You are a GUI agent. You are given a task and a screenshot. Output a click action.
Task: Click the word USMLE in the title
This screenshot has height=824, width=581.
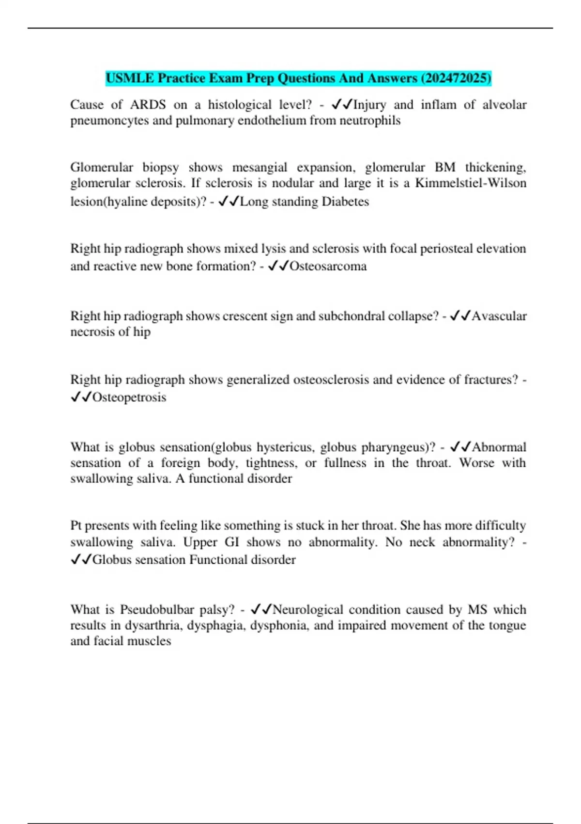[x=129, y=78]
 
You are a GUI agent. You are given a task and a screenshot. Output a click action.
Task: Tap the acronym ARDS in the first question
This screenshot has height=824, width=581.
[x=148, y=105]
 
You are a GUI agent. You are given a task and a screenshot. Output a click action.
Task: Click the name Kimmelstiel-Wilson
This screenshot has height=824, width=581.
[x=471, y=183]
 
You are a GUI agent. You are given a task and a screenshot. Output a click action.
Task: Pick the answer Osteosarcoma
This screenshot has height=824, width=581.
[x=328, y=266]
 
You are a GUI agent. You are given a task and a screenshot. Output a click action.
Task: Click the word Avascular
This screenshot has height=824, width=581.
[x=499, y=316]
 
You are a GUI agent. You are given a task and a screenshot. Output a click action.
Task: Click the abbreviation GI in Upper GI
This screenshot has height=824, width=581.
[x=232, y=542]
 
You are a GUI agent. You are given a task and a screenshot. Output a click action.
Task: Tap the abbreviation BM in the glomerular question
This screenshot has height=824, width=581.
[x=445, y=167]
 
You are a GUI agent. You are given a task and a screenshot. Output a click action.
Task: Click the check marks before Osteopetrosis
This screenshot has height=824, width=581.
[x=81, y=397]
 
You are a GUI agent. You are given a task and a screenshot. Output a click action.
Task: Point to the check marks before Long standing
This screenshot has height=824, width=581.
[x=229, y=202]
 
